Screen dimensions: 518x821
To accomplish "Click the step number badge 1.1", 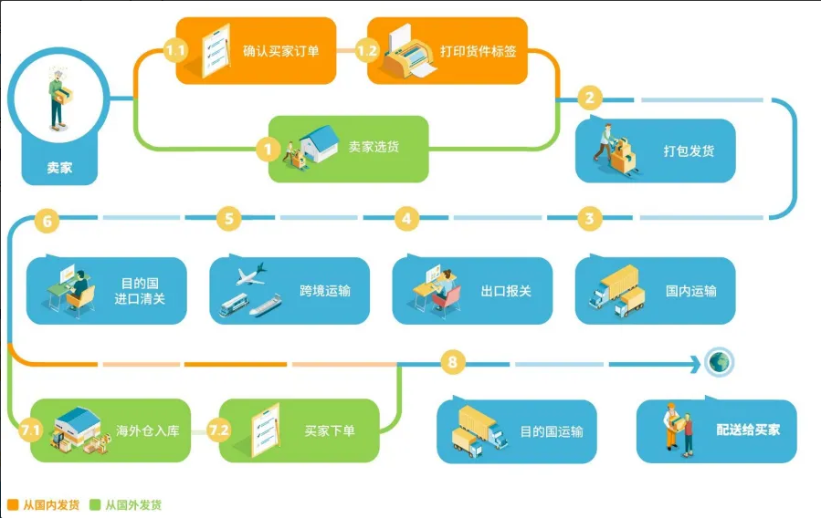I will [x=176, y=51].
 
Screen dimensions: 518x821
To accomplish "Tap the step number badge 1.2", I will [x=367, y=51].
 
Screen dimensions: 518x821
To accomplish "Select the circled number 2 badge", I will [x=590, y=98].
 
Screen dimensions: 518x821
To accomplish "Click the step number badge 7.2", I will [x=219, y=430].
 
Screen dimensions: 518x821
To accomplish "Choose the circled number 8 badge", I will [x=451, y=363].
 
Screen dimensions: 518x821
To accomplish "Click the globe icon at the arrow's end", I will [x=720, y=363].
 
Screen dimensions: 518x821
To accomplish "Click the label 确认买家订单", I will [x=280, y=51].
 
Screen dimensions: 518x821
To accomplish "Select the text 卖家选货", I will [x=374, y=147].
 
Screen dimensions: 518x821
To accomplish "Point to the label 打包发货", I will [x=689, y=150].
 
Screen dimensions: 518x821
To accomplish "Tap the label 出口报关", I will [x=506, y=291].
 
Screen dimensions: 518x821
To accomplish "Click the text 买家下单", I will [x=330, y=430].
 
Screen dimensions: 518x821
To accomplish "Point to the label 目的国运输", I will [x=552, y=431].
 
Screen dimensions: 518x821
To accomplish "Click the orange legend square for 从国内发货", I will [x=12, y=504].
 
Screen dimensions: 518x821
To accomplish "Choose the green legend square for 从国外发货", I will [x=94, y=504].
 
